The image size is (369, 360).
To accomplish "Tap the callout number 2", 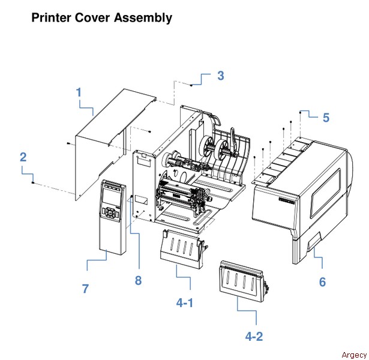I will tap(23, 158).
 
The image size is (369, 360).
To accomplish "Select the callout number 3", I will tap(221, 76).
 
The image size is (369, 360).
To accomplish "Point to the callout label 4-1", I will tap(185, 303).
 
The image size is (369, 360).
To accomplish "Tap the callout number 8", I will tap(138, 280).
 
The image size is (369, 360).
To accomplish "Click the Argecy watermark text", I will tap(352, 354).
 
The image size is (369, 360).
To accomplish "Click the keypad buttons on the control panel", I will tap(111, 212).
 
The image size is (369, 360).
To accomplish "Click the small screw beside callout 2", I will tap(34, 181).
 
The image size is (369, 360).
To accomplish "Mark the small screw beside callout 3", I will tap(191, 86).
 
